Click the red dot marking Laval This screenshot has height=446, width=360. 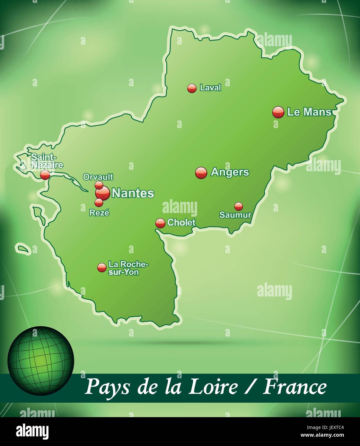192,88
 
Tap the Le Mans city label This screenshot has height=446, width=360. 309,112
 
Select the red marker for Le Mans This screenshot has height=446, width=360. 278,112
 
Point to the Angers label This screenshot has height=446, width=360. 230,172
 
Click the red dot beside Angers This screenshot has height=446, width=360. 201,173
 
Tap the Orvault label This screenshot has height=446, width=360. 98,177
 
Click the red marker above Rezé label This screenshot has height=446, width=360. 99,202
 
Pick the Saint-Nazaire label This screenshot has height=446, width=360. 47,161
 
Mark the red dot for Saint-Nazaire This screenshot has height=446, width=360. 45,175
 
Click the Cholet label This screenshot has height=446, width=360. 181,222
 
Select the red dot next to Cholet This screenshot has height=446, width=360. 160,223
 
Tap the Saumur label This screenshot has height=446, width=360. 235,215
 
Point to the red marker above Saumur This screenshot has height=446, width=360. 238,206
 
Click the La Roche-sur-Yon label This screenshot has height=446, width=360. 128,268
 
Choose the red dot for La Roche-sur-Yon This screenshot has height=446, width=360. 102,267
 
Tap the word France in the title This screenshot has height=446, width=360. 295,387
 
